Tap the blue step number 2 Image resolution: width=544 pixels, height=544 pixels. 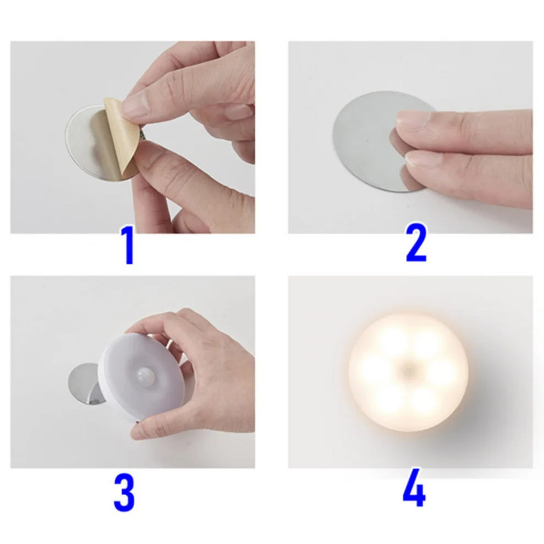(x=416, y=243)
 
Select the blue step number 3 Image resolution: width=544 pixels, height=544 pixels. (x=124, y=493)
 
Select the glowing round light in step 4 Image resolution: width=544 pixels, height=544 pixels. (x=408, y=372)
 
